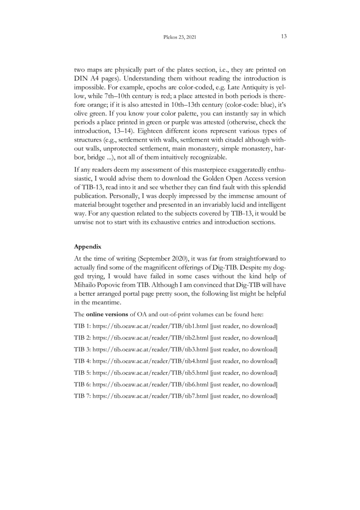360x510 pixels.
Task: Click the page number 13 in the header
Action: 284,36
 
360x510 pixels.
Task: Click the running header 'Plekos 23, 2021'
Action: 180,37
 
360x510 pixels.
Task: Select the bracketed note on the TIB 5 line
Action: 243,372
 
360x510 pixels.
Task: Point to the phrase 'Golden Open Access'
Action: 226,179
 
